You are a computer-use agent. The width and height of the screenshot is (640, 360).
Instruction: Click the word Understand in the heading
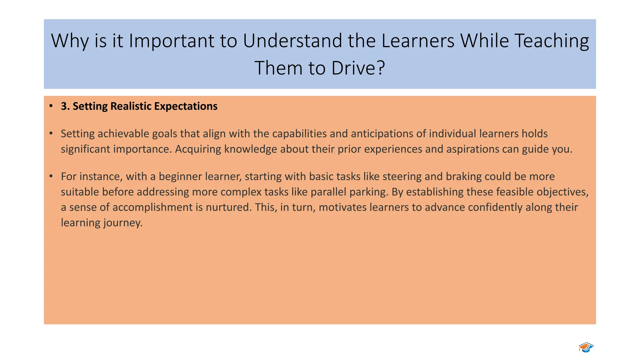click(x=292, y=41)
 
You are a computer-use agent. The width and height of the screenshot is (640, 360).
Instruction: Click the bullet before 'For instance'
click(x=51, y=176)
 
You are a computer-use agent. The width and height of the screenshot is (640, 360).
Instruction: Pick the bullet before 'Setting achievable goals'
click(x=51, y=133)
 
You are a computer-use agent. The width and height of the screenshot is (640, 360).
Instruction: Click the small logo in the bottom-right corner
click(x=586, y=347)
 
